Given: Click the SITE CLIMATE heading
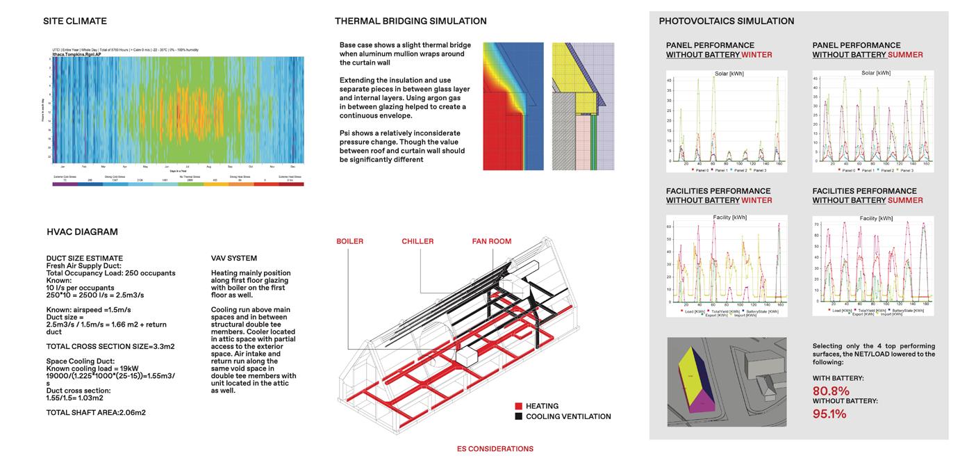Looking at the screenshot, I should [75, 21].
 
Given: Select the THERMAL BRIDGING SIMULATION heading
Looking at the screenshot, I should [411, 21].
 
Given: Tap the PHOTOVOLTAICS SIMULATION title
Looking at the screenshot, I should [727, 21].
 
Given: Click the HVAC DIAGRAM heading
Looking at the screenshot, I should [82, 232].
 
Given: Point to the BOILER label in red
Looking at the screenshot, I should [350, 241].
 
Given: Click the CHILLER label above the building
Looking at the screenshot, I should [417, 241].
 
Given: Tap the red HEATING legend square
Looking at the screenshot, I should [519, 406].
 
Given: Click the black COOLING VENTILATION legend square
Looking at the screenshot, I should [519, 416].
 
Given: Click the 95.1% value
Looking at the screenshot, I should [829, 414].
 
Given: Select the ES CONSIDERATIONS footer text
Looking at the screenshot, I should [495, 449].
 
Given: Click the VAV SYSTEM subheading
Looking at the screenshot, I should [234, 259].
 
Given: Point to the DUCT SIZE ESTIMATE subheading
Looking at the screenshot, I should [84, 259].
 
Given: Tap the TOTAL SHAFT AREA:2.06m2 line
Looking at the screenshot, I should [96, 413].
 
